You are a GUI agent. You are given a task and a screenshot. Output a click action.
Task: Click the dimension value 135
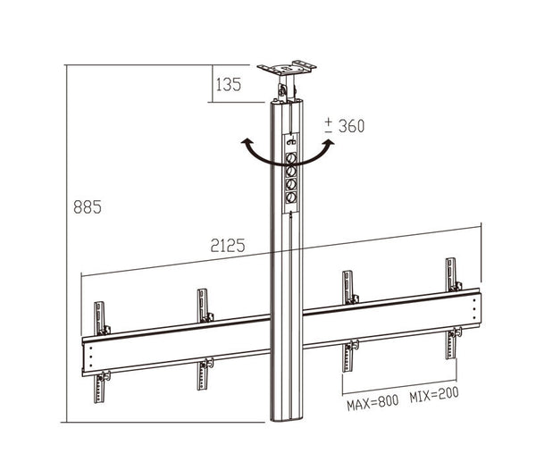tap(229, 86)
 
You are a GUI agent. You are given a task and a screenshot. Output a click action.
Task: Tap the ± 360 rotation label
tap(344, 126)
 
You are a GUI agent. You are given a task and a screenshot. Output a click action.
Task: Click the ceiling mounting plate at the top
tap(286, 68)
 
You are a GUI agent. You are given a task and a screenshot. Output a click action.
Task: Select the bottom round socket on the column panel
tap(290, 199)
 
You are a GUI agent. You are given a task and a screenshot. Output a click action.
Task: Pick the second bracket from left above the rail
tap(204, 305)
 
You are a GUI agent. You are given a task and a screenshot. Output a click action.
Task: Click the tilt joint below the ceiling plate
tap(285, 89)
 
